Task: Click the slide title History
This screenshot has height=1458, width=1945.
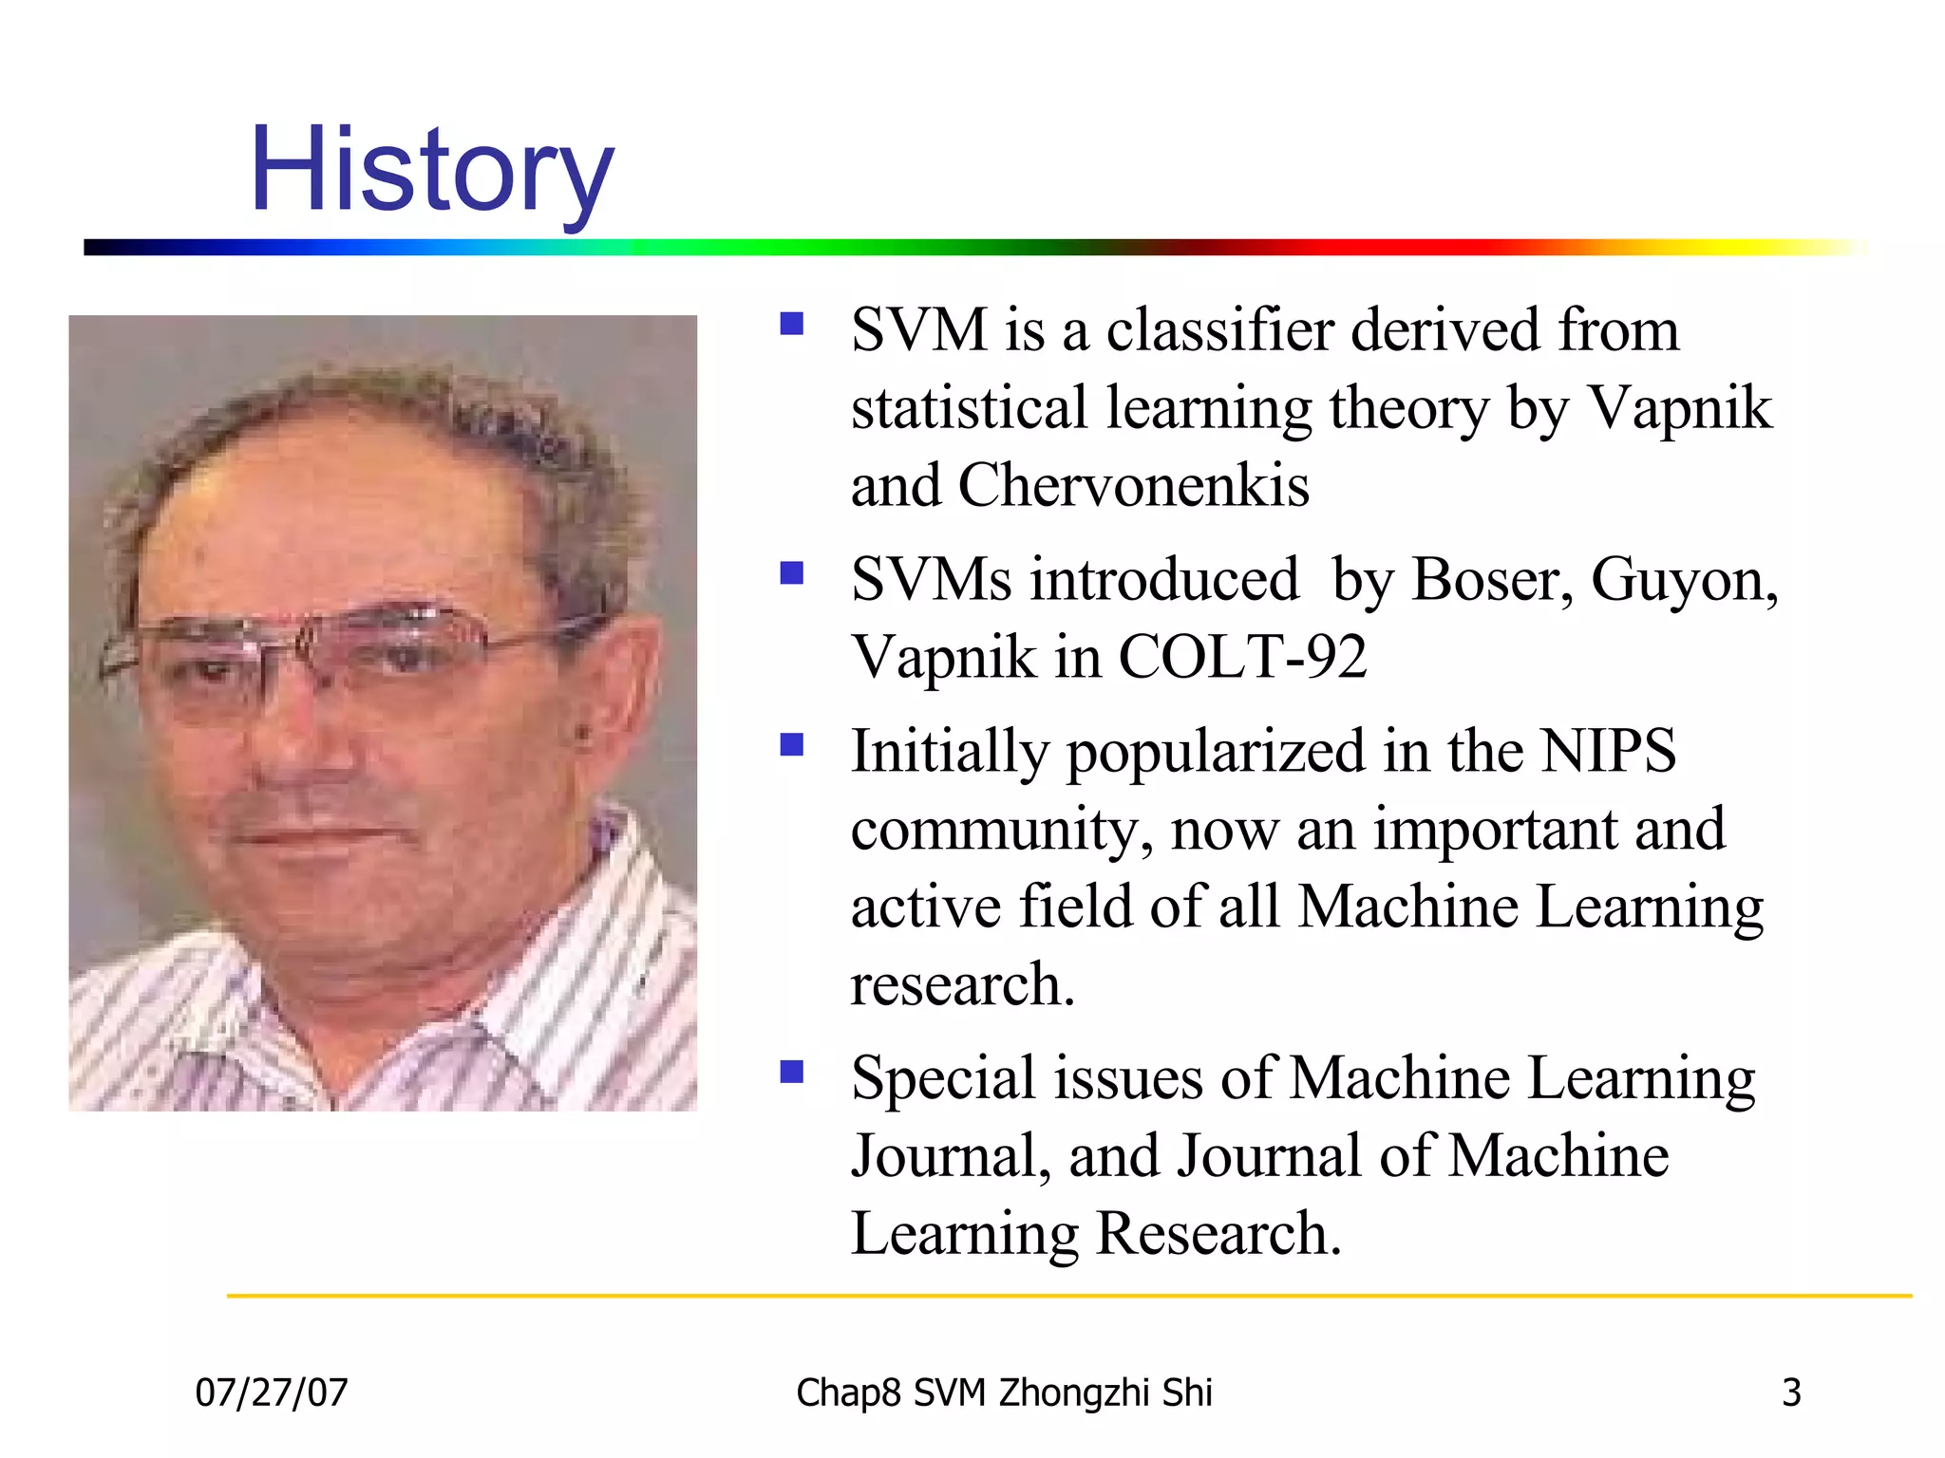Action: [x=432, y=171]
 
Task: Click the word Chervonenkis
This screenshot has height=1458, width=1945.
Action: [x=1133, y=486]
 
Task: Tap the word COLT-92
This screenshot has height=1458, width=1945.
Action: [x=1242, y=657]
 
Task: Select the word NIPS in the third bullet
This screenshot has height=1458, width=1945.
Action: [x=1608, y=751]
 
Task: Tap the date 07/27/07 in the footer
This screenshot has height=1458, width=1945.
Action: [x=272, y=1393]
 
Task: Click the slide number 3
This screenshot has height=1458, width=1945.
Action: [x=1791, y=1393]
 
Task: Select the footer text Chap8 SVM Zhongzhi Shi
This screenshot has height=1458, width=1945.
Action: [x=1004, y=1393]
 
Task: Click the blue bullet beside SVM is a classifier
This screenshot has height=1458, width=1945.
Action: [x=791, y=325]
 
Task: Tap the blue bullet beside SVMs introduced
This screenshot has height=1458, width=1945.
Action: [x=791, y=573]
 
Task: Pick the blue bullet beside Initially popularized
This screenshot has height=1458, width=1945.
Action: [x=791, y=745]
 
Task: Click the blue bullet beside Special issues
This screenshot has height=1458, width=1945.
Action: [x=791, y=1072]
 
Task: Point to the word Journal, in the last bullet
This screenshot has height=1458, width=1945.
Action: [x=951, y=1156]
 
